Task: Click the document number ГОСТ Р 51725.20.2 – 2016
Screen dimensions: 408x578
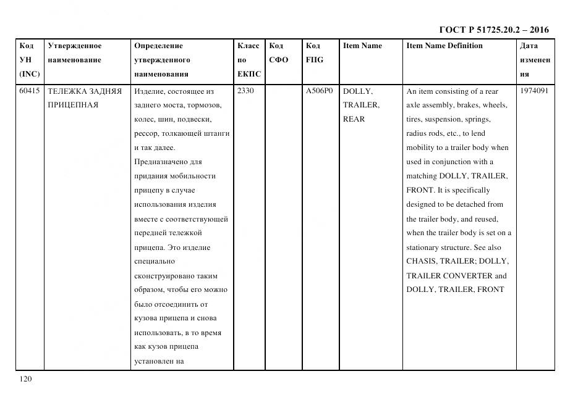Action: click(x=493, y=30)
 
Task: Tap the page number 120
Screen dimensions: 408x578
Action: click(x=25, y=378)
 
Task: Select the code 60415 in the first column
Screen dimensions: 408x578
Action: click(x=29, y=91)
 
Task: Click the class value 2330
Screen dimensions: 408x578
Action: click(x=245, y=91)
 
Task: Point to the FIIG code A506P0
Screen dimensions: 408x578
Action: click(x=319, y=91)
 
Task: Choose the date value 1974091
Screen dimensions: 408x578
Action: click(x=534, y=91)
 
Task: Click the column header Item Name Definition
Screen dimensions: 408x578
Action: click(x=444, y=46)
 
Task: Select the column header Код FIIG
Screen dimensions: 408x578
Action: click(x=314, y=53)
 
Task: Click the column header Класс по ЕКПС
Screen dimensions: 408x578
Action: click(x=249, y=60)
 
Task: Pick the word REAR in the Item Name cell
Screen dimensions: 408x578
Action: click(x=354, y=119)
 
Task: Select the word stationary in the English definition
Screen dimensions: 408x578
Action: click(x=424, y=248)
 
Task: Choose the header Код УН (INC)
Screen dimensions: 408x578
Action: click(x=29, y=60)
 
